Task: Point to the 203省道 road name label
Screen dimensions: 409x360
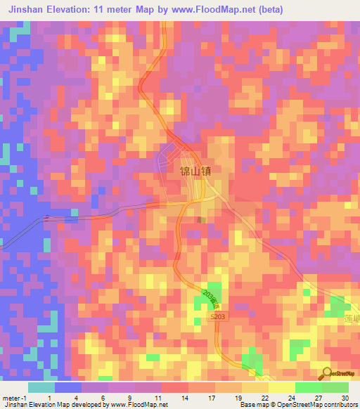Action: tap(210, 301)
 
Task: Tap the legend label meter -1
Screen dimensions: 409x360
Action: tap(13, 398)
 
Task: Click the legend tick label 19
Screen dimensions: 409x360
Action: tap(240, 398)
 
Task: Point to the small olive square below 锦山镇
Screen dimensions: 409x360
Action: tap(202, 219)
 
